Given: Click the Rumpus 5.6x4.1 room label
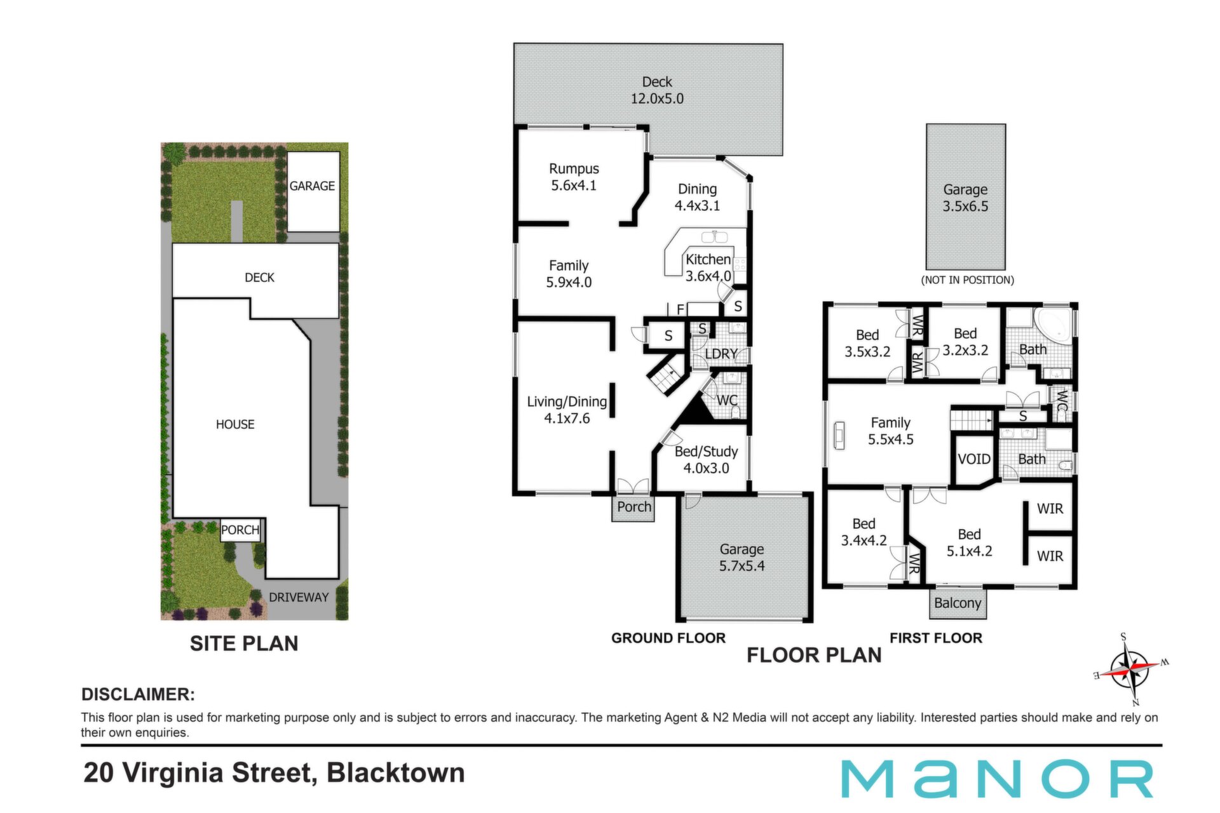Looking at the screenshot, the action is (574, 177).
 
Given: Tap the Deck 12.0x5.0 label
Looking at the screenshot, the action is (657, 90).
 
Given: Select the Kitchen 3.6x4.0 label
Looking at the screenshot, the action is (708, 267).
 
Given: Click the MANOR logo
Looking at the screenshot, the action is (997, 778).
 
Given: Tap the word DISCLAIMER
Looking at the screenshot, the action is (138, 694).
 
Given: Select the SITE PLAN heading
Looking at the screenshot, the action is (244, 643).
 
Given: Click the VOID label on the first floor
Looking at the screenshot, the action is (974, 459).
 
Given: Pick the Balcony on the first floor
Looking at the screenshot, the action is (958, 603).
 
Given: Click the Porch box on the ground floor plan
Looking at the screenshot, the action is (634, 507).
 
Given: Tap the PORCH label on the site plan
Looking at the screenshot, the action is (240, 530).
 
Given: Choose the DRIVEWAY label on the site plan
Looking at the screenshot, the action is (299, 597).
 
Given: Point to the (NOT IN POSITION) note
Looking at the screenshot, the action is (967, 280).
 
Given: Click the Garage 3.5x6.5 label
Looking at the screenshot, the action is (965, 198).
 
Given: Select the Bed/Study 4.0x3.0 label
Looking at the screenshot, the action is (706, 460).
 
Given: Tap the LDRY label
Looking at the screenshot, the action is (721, 354).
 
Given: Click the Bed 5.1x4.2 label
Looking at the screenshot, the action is (969, 542).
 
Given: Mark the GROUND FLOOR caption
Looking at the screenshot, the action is (668, 638).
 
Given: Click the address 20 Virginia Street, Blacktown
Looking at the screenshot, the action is (274, 774).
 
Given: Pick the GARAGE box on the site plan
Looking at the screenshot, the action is (313, 192).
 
